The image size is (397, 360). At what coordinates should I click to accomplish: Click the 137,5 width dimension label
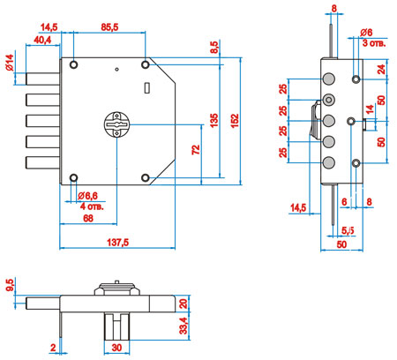pos(117,243)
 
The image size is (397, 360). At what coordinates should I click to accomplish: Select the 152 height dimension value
pos(235,121)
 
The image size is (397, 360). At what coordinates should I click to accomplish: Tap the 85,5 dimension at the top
pos(109,27)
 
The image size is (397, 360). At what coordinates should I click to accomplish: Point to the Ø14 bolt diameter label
pos(10,63)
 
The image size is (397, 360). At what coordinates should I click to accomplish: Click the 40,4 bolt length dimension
pos(42,40)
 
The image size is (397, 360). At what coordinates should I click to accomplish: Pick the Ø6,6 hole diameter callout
pos(88,195)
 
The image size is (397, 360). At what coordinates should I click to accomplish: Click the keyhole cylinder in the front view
pos(117,124)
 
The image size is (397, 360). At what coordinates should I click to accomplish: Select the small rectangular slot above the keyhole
pos(147,87)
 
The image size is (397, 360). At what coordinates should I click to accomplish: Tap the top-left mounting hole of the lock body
pos(73,64)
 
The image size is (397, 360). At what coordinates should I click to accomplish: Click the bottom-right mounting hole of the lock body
pos(146,177)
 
